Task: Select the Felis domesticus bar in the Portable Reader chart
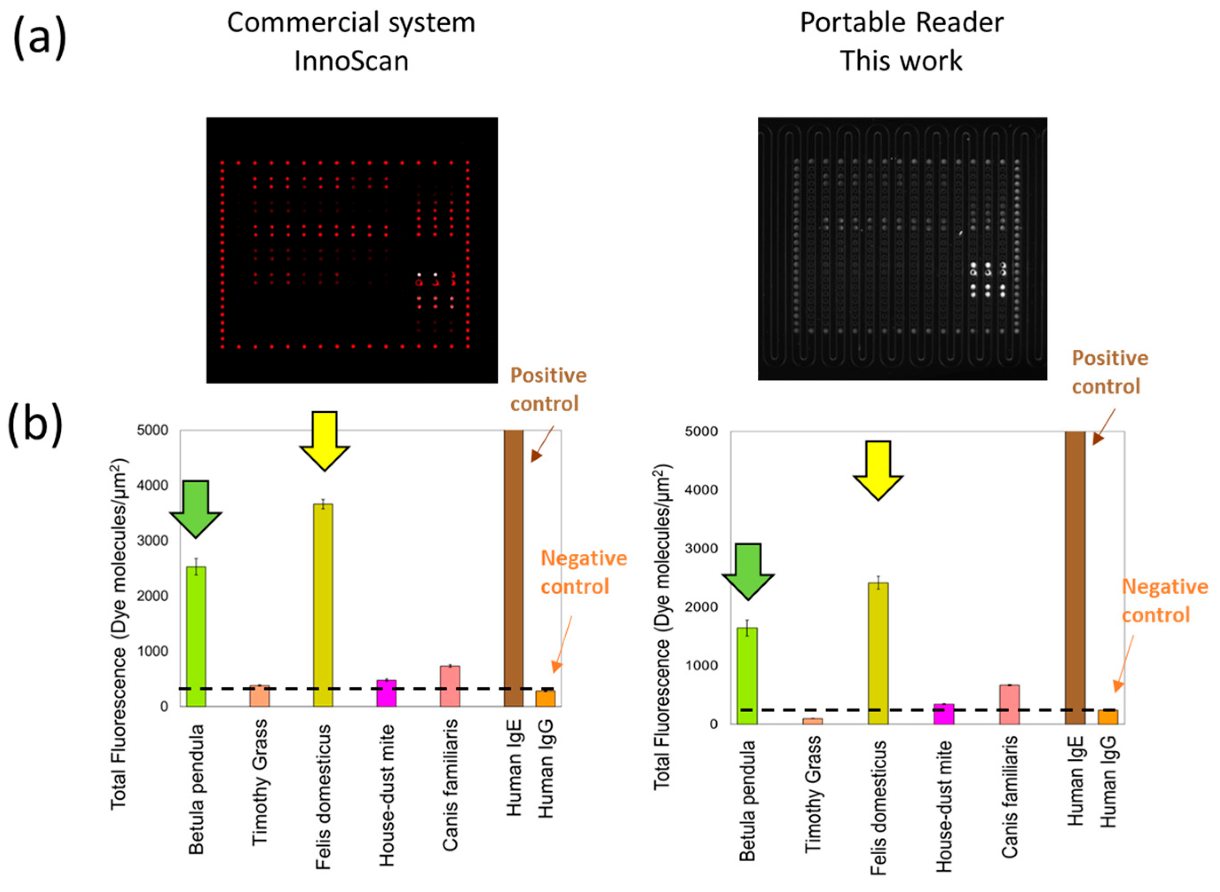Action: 878,653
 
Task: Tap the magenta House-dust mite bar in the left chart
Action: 386,693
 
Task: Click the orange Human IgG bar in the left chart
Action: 545,698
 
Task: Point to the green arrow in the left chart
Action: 195,508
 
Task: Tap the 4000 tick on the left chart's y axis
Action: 157,486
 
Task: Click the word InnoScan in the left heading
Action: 351,60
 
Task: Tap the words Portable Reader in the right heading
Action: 901,23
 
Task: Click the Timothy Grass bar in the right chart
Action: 812,721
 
